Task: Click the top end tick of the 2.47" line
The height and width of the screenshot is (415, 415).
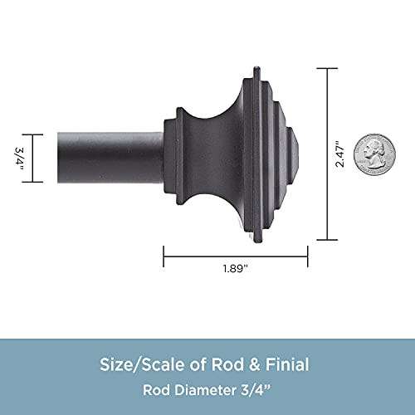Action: [x=328, y=69]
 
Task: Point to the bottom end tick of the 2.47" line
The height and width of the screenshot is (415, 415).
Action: [x=328, y=238]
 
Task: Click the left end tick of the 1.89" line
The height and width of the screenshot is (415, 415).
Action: [x=164, y=256]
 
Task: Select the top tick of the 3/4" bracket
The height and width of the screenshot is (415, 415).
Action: [x=33, y=134]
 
